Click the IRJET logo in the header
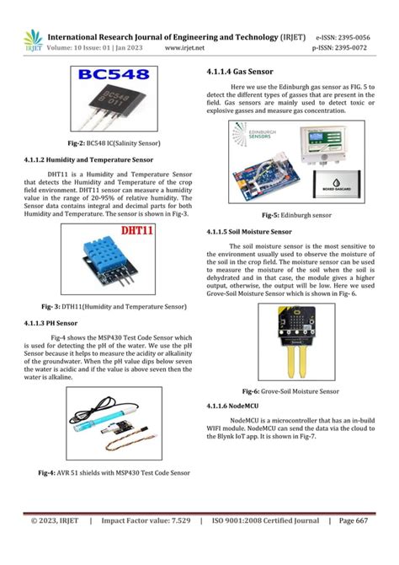[x=33, y=40]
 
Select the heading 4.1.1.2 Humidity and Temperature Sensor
[x=88, y=159]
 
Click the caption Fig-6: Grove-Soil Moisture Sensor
[x=290, y=392]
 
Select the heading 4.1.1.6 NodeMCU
[x=232, y=407]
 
